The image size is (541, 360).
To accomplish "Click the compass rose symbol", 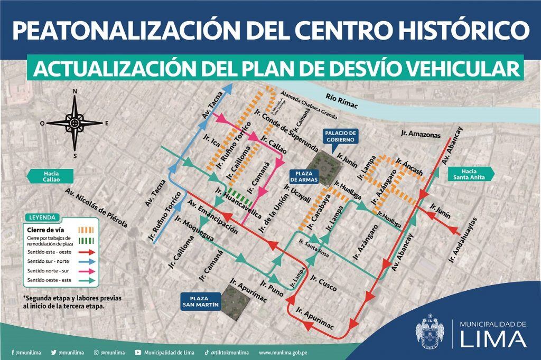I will point(74,123).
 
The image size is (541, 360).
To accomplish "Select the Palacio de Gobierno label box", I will point(341,136).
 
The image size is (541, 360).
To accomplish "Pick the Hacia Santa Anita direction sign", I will point(470,174).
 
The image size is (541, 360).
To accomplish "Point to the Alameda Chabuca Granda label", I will point(309,105).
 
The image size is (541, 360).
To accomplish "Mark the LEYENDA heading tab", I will point(42,217).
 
